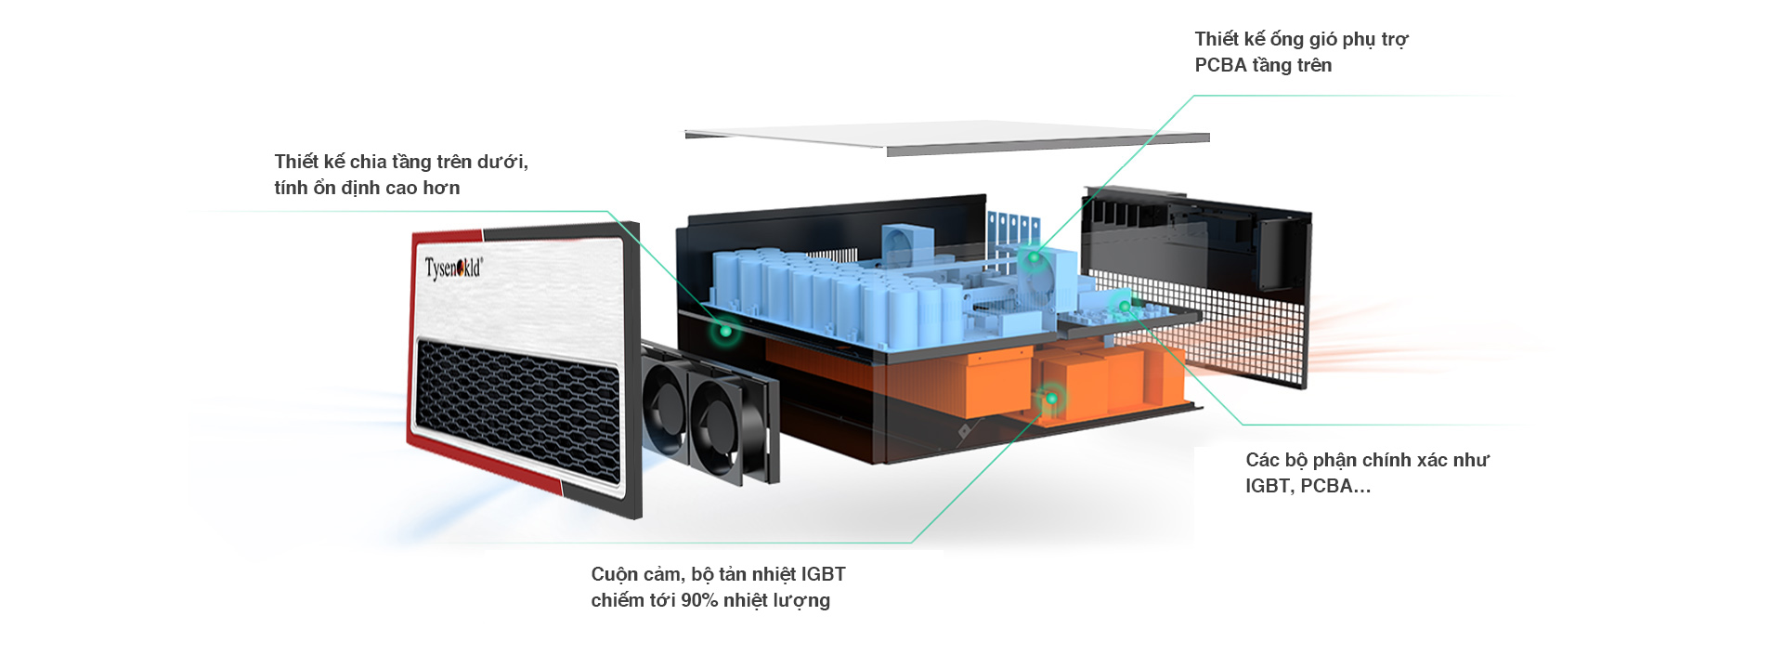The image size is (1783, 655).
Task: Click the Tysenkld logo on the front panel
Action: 453,269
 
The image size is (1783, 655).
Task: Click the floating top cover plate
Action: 947,137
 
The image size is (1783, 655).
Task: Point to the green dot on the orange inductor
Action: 1051,399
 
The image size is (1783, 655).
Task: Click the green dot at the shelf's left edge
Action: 724,329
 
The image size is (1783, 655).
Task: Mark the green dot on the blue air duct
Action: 1034,257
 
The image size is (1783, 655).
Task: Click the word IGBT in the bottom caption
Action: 823,574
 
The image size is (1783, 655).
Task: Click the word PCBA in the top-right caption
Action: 1220,65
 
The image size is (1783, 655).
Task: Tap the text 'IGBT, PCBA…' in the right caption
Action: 1308,486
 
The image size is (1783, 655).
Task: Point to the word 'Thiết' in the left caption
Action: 296,162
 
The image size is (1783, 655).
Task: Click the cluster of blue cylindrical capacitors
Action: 817,288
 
